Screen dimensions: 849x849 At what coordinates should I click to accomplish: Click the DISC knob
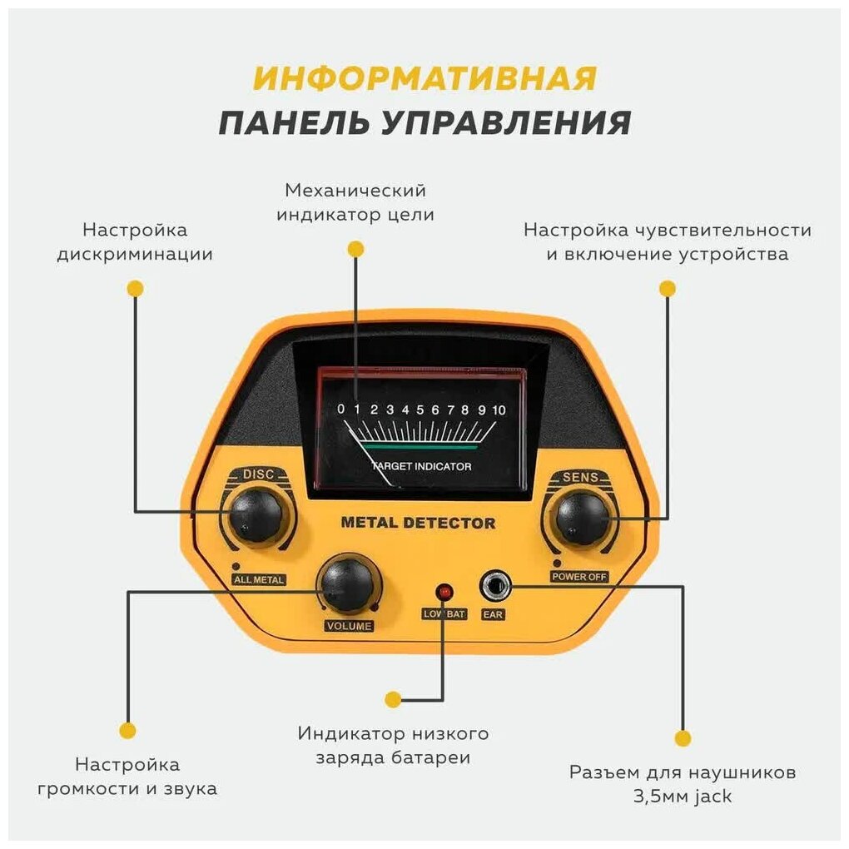(256, 514)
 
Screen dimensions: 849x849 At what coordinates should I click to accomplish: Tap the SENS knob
(583, 517)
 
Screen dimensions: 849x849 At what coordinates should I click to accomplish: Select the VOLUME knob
(346, 584)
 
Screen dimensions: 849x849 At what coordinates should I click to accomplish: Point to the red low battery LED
(444, 592)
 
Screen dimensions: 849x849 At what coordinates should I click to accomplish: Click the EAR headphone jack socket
(494, 587)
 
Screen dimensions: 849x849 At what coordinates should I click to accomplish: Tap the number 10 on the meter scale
(499, 410)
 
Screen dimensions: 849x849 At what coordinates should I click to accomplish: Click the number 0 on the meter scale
(340, 410)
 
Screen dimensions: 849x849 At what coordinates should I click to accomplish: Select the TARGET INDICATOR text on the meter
(421, 466)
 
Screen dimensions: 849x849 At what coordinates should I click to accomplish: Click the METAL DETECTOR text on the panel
(418, 524)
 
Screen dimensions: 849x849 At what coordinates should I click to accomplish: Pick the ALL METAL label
(259, 579)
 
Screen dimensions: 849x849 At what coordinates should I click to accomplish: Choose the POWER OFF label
(580, 576)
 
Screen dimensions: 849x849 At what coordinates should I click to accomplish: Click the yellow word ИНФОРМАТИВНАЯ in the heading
(425, 78)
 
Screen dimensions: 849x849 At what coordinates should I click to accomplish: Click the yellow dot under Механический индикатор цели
(356, 249)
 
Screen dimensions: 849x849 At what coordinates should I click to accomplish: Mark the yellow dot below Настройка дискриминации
(135, 289)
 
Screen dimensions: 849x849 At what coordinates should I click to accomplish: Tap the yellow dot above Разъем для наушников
(683, 737)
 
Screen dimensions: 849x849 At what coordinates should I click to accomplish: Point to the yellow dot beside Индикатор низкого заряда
(393, 699)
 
